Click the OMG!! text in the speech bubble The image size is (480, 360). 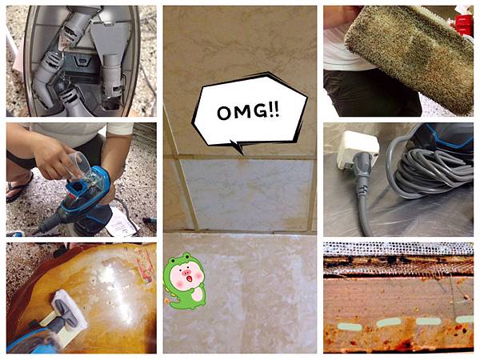tap(248, 112)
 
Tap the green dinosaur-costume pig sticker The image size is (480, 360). tap(184, 281)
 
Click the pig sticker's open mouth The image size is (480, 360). tap(190, 279)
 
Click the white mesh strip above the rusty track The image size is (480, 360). tap(398, 249)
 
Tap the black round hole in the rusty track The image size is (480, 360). tap(391, 260)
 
